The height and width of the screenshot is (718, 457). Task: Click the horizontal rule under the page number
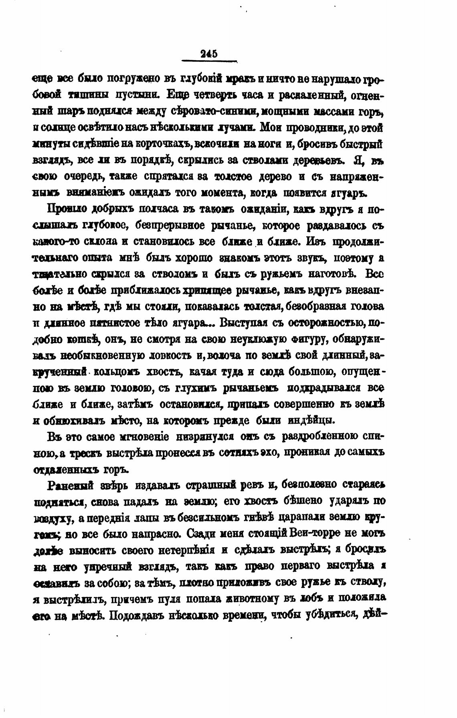[209, 61]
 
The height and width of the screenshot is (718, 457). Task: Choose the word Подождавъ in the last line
[135, 615]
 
